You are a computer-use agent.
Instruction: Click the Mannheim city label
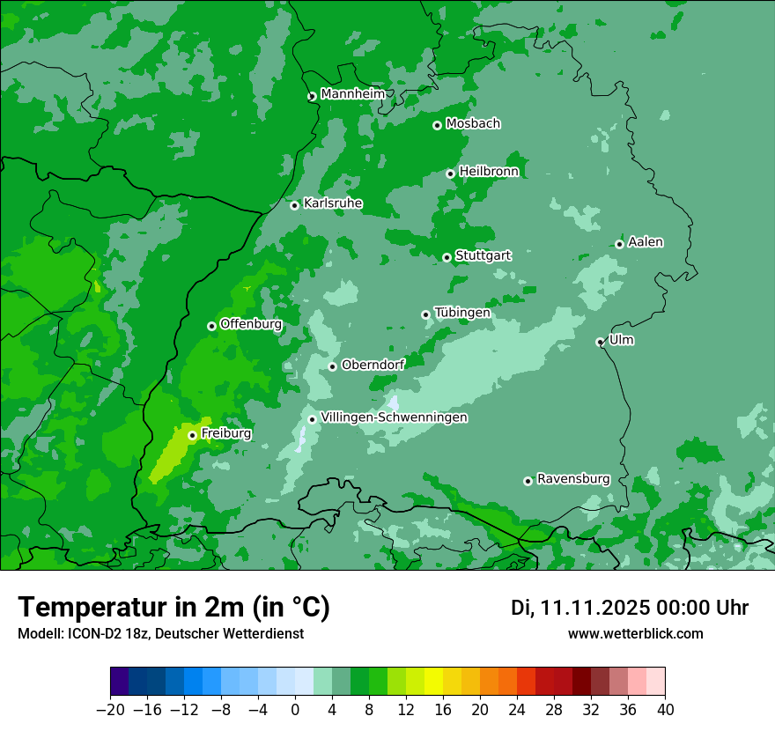[352, 94]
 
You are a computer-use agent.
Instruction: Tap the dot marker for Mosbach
[437, 125]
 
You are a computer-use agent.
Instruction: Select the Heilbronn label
[489, 172]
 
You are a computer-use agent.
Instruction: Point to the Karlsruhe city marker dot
[295, 205]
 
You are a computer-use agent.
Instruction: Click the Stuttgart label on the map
[483, 256]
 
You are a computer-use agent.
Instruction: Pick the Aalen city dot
[620, 244]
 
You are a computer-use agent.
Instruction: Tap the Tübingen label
[462, 313]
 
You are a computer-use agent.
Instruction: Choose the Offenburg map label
[251, 324]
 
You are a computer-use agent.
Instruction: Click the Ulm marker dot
[601, 342]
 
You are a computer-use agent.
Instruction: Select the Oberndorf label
[373, 365]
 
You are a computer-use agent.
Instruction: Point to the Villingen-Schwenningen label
[395, 417]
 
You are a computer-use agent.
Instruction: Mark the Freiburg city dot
[192, 435]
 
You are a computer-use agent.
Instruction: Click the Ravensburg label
[573, 479]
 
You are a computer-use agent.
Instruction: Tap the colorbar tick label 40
[665, 710]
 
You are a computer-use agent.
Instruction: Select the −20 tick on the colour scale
[110, 710]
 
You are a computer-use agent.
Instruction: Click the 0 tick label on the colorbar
[295, 710]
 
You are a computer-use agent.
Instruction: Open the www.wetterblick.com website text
[635, 633]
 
